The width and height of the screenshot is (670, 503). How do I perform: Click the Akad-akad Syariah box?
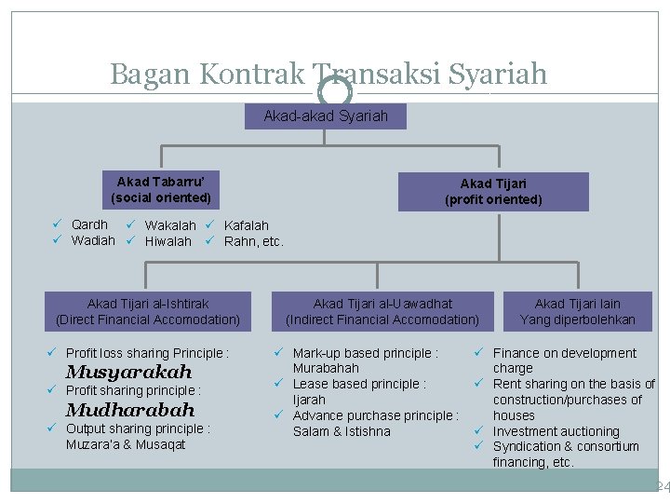point(326,116)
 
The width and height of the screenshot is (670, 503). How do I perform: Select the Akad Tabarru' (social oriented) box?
point(161,190)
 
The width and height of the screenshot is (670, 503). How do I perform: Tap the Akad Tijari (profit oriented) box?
point(493,192)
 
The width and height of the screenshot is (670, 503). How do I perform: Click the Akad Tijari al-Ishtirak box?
point(148,311)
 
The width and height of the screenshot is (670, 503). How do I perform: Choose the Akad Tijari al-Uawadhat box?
point(382,311)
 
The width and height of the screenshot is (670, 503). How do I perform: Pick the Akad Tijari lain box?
point(577,311)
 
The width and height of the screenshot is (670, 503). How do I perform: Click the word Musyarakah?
point(128,373)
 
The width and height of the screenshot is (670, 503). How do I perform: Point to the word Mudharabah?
point(130,410)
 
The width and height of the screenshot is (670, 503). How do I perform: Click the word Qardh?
point(89,224)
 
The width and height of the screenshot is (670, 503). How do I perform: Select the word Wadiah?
point(93,240)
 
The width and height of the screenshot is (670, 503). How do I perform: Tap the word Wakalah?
point(170,225)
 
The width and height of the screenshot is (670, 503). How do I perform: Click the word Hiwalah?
point(168,241)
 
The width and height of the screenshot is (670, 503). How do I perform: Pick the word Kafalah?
point(247,225)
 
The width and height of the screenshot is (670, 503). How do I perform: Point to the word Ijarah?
point(309,400)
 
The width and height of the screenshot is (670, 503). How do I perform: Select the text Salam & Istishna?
point(342,431)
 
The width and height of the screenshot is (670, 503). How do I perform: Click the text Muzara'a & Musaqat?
point(126,444)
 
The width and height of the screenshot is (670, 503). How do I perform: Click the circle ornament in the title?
point(335,91)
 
